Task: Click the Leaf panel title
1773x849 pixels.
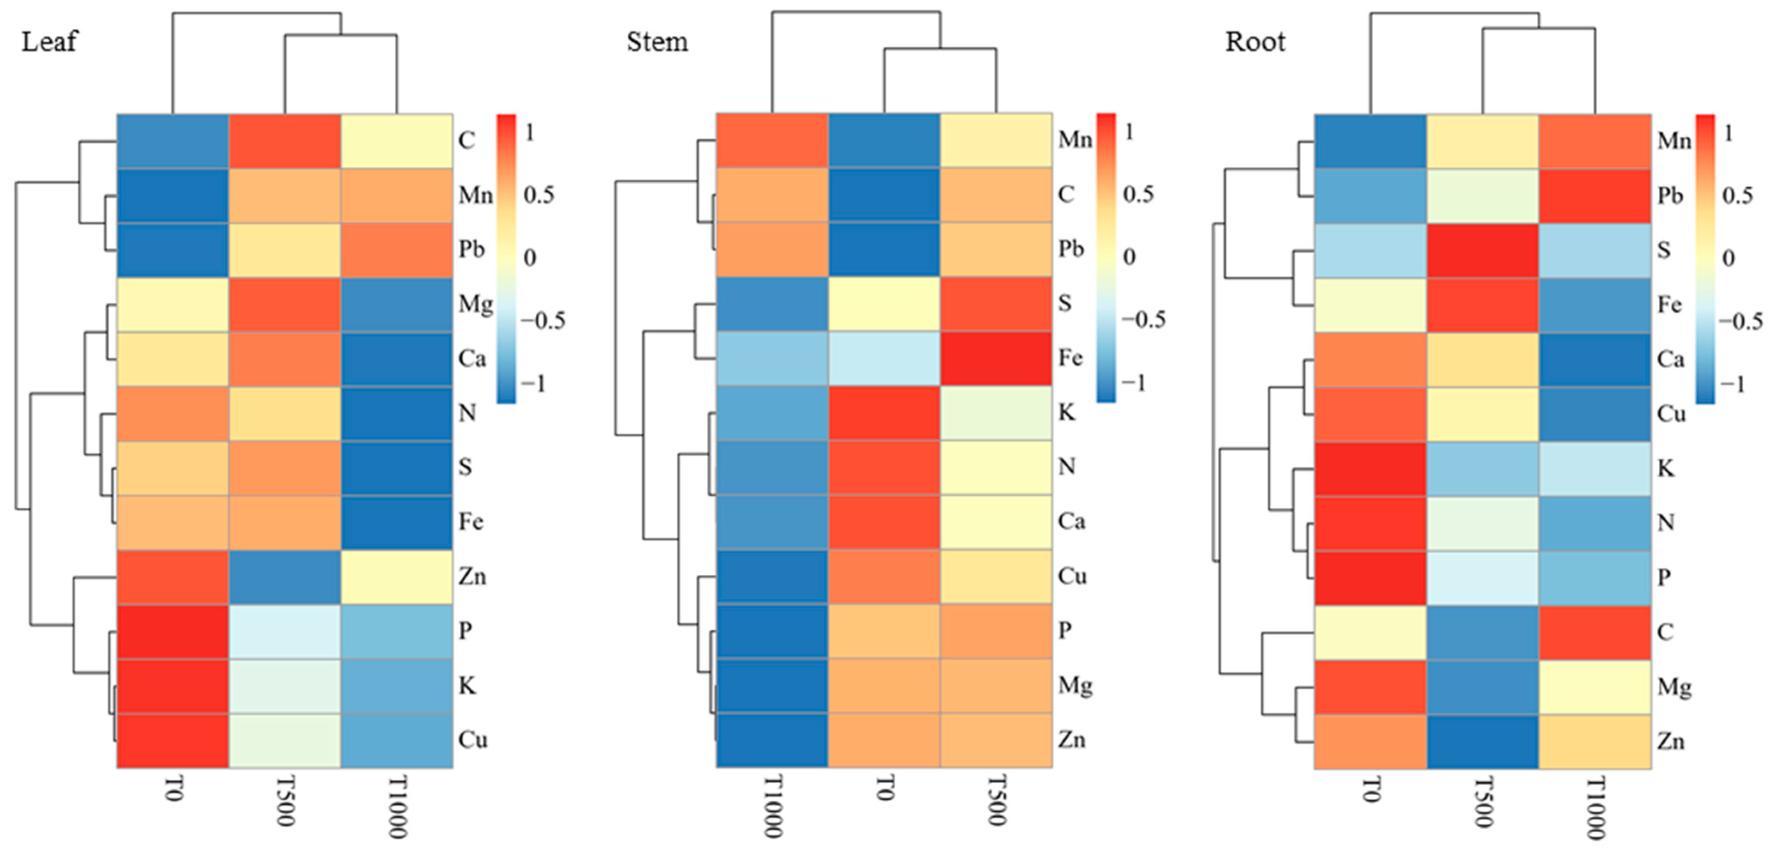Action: (x=49, y=43)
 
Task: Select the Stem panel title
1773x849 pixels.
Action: (x=656, y=43)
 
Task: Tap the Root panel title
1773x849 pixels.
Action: (x=1255, y=43)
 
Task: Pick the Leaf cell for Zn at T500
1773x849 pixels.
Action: (x=284, y=577)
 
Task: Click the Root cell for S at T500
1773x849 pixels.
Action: (x=1483, y=250)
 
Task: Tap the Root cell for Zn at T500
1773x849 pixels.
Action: (x=1483, y=741)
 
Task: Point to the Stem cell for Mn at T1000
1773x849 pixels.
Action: (x=772, y=141)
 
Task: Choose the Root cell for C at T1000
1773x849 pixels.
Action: (x=1595, y=631)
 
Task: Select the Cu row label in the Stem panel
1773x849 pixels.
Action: (x=1071, y=576)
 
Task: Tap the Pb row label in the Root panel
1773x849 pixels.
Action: (x=1670, y=196)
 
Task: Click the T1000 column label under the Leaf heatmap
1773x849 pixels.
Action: (x=397, y=807)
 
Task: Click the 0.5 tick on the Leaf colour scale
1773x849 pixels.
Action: (x=538, y=195)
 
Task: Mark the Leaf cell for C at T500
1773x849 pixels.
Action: (x=284, y=141)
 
